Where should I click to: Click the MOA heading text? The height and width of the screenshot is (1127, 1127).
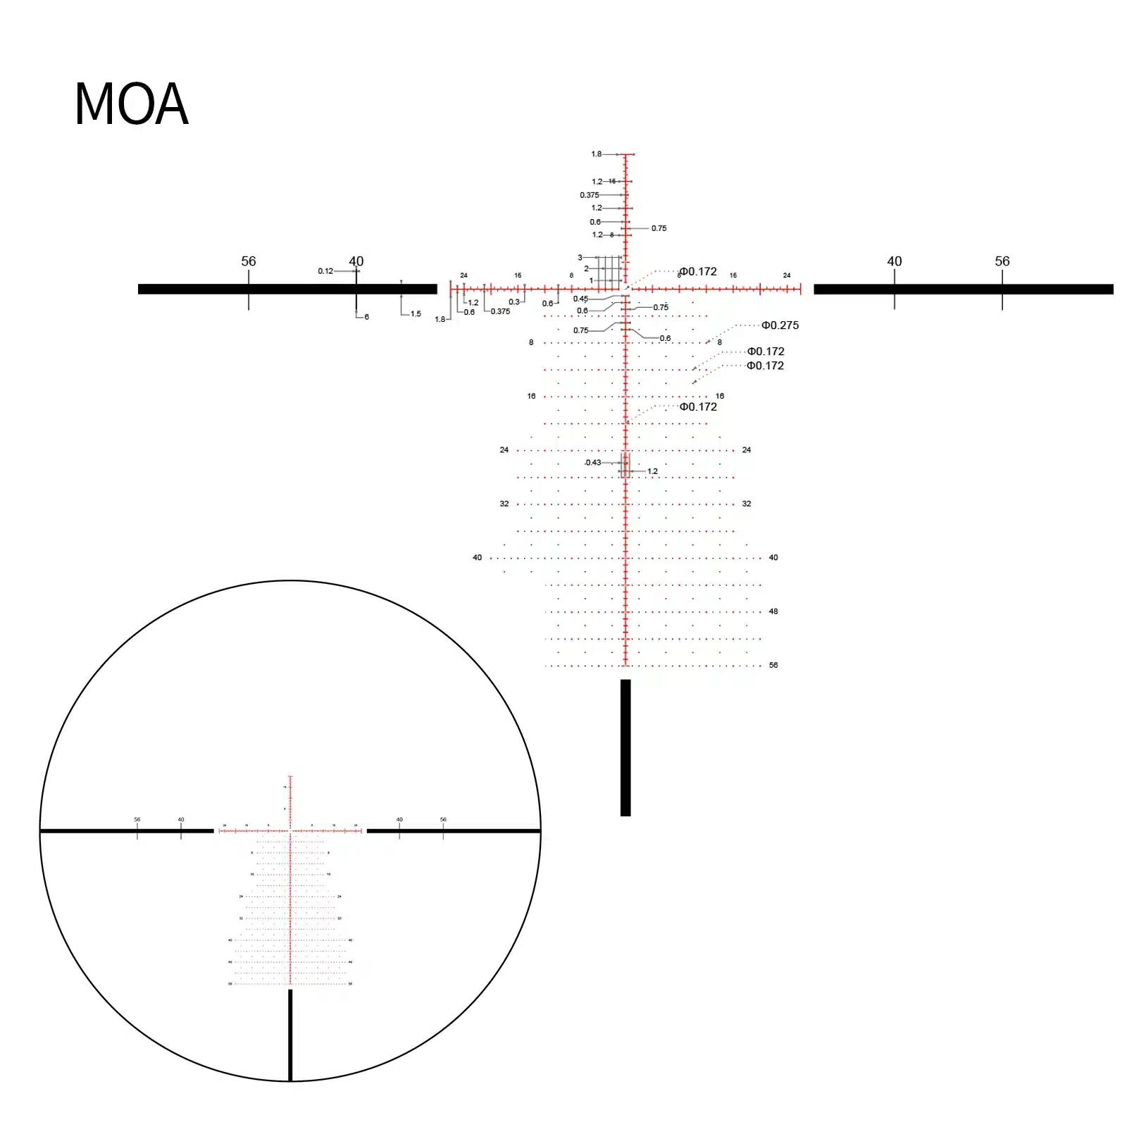tap(131, 104)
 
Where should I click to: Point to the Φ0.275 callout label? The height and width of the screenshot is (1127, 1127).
tap(780, 325)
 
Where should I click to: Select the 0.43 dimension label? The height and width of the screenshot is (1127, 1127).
tap(593, 463)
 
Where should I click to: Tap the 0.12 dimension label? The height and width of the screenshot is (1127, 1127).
tap(325, 271)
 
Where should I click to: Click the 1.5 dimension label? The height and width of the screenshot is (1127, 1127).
tap(416, 314)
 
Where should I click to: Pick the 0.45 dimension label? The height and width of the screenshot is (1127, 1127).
tap(580, 299)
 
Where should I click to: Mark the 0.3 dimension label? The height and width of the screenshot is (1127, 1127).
tap(514, 302)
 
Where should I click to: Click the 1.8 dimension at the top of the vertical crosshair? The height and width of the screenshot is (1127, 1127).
tap(596, 154)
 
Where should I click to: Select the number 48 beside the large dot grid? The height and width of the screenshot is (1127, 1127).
tap(773, 611)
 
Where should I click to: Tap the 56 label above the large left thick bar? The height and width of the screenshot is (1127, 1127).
tap(249, 261)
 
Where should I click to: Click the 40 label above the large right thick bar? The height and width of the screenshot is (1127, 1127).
tap(894, 261)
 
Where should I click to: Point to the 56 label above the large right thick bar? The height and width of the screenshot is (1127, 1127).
tap(1002, 261)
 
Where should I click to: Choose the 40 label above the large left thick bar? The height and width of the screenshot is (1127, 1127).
tap(356, 261)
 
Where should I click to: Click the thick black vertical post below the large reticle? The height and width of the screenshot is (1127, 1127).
tap(625, 747)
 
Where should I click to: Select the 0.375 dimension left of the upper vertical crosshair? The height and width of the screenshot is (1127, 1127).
tap(589, 195)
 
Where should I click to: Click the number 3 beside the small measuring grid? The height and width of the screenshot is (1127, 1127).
tap(580, 258)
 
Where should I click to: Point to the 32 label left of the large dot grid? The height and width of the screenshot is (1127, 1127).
tap(504, 504)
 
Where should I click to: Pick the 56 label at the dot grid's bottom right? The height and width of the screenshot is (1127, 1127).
tap(773, 665)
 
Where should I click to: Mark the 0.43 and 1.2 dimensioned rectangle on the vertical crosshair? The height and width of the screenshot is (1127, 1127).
tap(625, 465)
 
